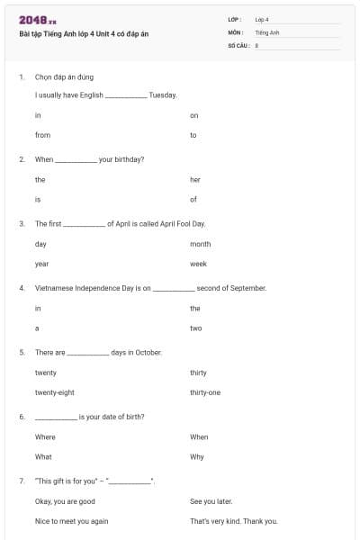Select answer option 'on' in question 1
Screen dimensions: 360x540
click(193, 115)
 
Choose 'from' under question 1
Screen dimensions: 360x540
click(42, 135)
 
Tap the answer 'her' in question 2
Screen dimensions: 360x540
click(195, 180)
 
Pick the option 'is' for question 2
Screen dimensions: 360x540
click(38, 199)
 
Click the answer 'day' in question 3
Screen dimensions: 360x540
click(40, 244)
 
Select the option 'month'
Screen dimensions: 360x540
click(201, 244)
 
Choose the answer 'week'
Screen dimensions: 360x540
click(198, 264)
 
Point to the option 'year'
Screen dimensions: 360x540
click(41, 264)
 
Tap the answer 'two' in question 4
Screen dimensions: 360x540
click(195, 328)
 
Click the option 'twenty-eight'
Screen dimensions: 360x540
click(54, 392)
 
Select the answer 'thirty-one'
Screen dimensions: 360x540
click(205, 392)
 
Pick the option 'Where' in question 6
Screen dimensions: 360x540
click(45, 437)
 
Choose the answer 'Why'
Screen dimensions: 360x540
click(197, 456)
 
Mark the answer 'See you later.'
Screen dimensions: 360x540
click(211, 501)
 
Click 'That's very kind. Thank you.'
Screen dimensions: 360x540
click(233, 521)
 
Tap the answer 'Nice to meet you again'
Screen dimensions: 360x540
click(71, 521)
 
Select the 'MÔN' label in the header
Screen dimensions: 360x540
click(235, 31)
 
